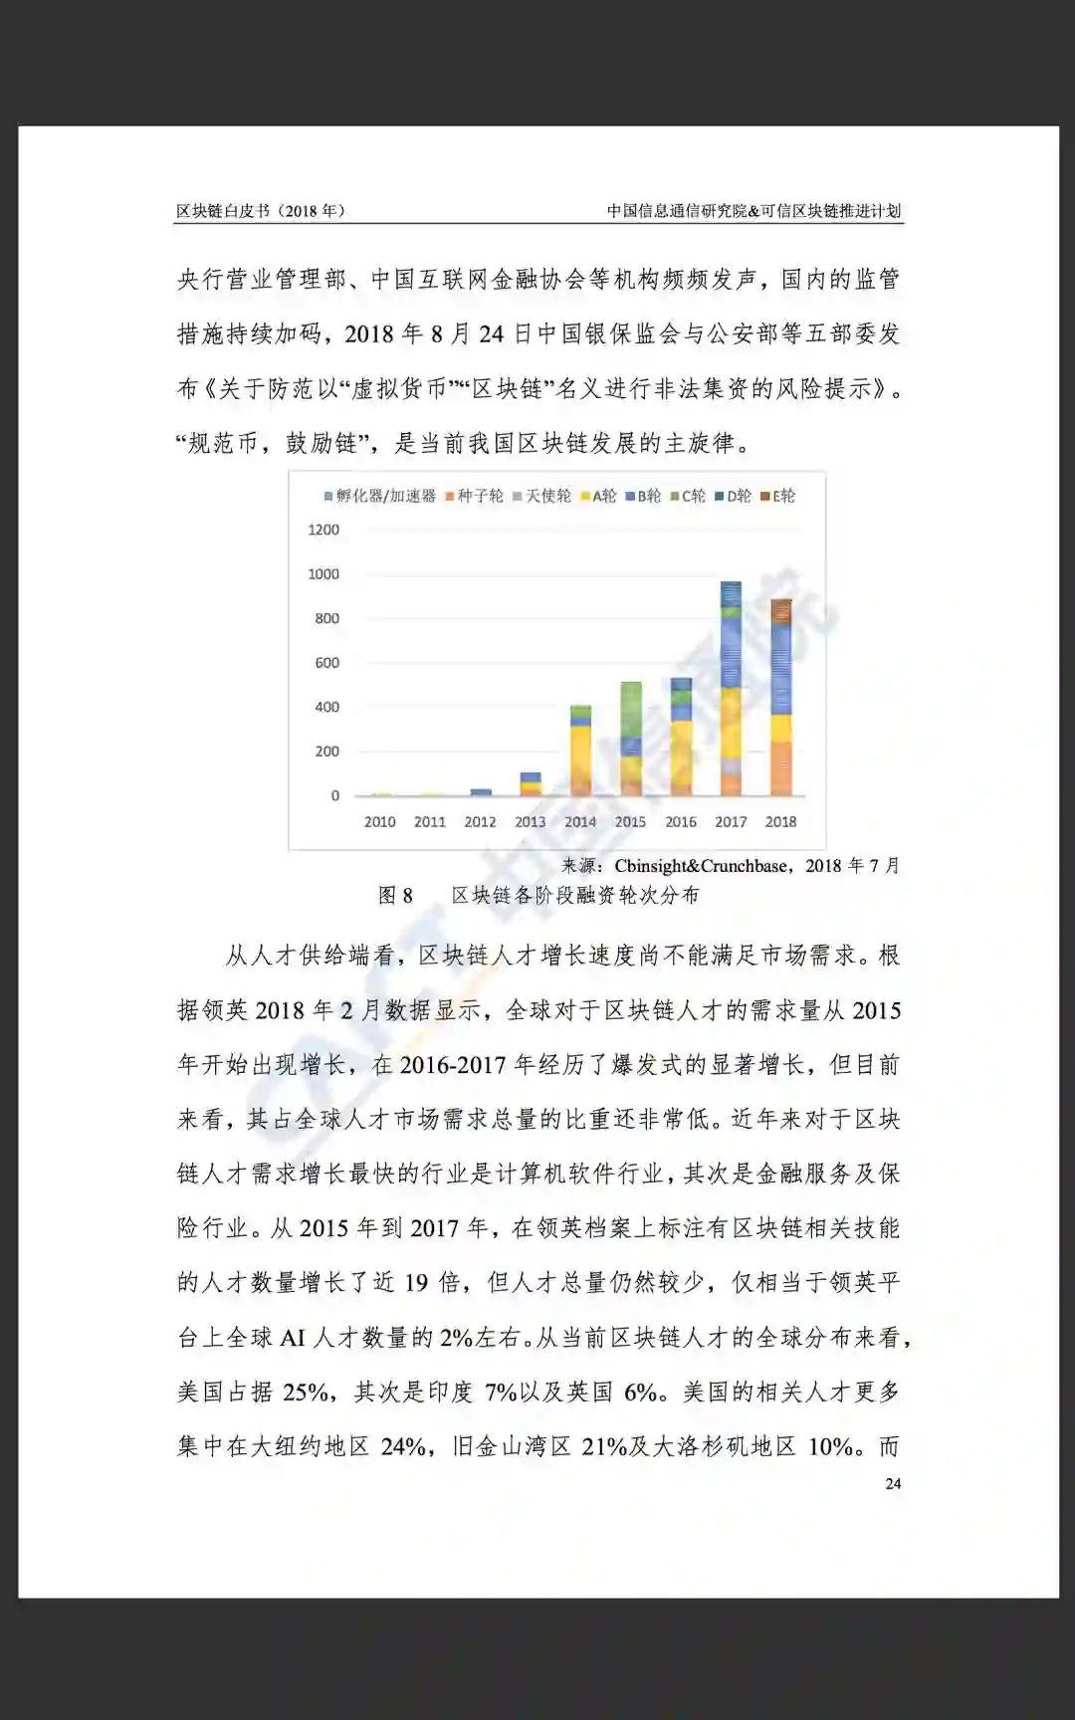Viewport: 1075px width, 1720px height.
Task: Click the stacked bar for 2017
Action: (731, 689)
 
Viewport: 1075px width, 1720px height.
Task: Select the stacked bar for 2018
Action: (781, 697)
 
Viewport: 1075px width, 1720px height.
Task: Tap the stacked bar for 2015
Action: (630, 739)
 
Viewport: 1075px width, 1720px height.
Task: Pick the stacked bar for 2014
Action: (580, 751)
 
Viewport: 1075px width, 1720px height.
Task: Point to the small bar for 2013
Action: (531, 783)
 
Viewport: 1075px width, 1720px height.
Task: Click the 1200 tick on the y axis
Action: (323, 530)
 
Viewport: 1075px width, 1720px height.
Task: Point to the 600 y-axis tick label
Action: (326, 663)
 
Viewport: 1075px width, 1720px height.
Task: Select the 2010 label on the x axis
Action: (379, 822)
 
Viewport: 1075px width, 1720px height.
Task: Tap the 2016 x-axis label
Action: (681, 822)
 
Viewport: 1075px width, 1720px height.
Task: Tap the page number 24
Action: (893, 1483)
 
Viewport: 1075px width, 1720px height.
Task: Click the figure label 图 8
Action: (395, 896)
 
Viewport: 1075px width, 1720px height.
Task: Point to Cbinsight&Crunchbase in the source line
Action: (701, 866)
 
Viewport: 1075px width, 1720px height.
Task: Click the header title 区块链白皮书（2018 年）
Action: (261, 211)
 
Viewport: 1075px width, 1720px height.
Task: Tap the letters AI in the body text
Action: (292, 1338)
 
